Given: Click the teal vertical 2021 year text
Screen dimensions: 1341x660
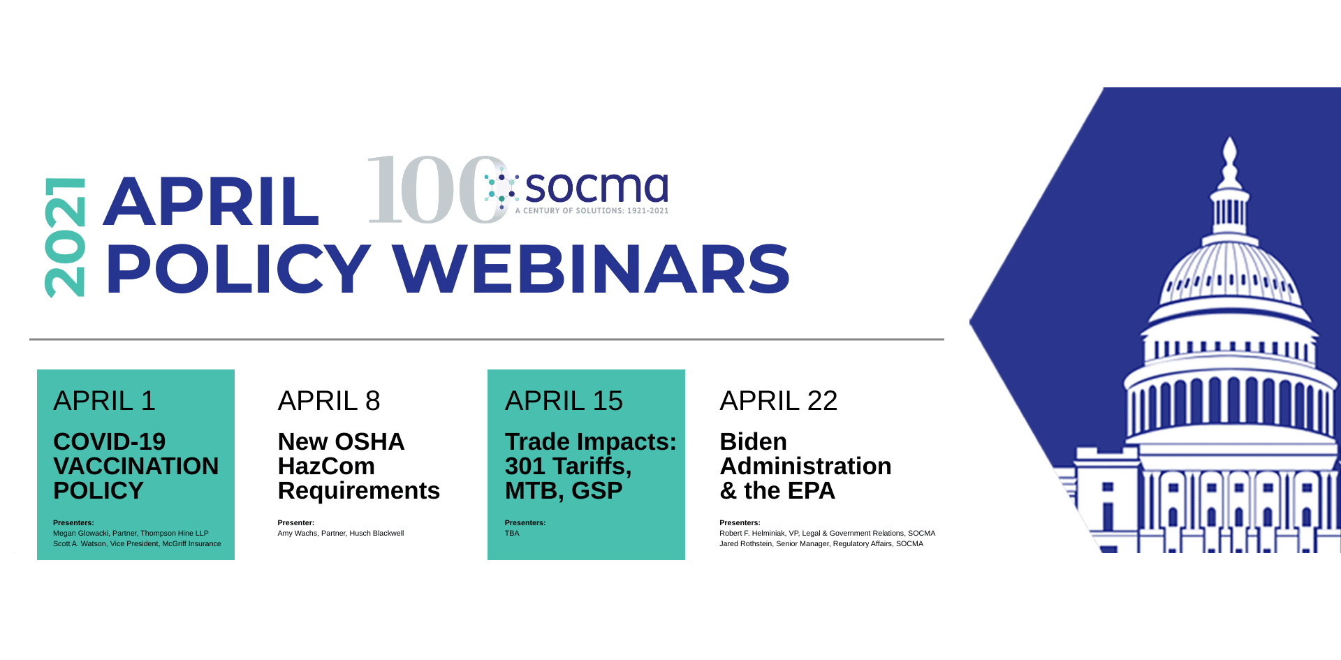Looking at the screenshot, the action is coord(64,238).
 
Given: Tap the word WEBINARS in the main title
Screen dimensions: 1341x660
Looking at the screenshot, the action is coord(591,269).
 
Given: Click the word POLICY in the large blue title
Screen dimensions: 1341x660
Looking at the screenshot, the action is coord(238,269).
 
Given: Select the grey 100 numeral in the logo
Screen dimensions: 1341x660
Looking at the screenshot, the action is coord(437,190).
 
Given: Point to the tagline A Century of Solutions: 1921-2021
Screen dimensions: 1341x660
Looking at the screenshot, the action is coord(592,210).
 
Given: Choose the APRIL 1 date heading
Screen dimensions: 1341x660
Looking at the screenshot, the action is coord(104,401).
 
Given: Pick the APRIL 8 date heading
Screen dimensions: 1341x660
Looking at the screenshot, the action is coord(329,401).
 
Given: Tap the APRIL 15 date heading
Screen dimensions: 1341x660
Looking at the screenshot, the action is coord(564,401).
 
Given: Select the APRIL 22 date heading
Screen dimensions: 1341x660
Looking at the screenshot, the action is coord(778,401).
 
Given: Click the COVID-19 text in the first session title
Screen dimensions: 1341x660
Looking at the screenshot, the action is coord(109,441).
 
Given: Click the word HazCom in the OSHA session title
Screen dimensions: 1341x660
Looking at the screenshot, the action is coord(326,466).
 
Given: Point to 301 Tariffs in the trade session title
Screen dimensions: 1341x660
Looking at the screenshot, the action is coord(568,466).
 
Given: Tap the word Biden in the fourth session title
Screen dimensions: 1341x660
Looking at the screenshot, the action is coord(753,441).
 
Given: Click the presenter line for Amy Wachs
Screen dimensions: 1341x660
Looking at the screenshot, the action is coord(341,533).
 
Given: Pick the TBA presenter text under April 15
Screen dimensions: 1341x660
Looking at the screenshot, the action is coord(512,533).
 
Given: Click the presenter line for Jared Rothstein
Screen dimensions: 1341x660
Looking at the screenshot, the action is coord(821,543).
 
